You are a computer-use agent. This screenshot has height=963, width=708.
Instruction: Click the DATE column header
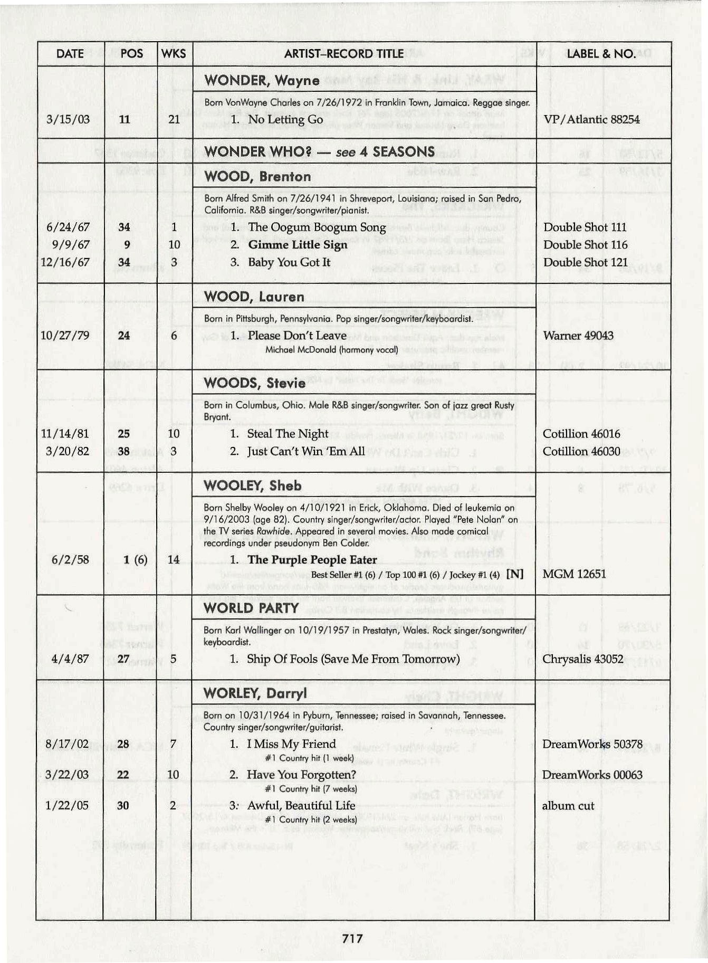point(70,53)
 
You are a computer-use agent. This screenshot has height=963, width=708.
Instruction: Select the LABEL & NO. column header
point(601,53)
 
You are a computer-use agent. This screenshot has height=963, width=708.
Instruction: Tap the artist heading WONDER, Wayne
point(262,80)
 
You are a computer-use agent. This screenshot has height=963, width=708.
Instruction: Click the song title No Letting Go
point(285,119)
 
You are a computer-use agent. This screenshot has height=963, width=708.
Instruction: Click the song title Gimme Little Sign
point(298,245)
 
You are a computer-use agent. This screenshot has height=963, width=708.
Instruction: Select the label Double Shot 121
point(586,262)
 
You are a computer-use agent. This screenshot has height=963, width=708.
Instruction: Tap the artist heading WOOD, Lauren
point(254,297)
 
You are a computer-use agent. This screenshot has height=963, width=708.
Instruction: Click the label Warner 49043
point(578,336)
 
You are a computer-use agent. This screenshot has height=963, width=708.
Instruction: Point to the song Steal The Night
point(288,434)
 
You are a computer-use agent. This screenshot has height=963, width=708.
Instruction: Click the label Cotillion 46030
point(581,451)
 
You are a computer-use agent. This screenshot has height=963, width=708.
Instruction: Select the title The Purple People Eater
point(312,559)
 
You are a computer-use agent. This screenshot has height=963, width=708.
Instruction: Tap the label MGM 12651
point(574,574)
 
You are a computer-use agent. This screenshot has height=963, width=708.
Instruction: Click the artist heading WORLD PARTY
point(251,608)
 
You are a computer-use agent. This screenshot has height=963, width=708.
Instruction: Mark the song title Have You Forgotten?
point(301,775)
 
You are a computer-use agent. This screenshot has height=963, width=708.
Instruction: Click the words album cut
point(568,806)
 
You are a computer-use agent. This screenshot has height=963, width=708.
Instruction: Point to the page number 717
point(352,937)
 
